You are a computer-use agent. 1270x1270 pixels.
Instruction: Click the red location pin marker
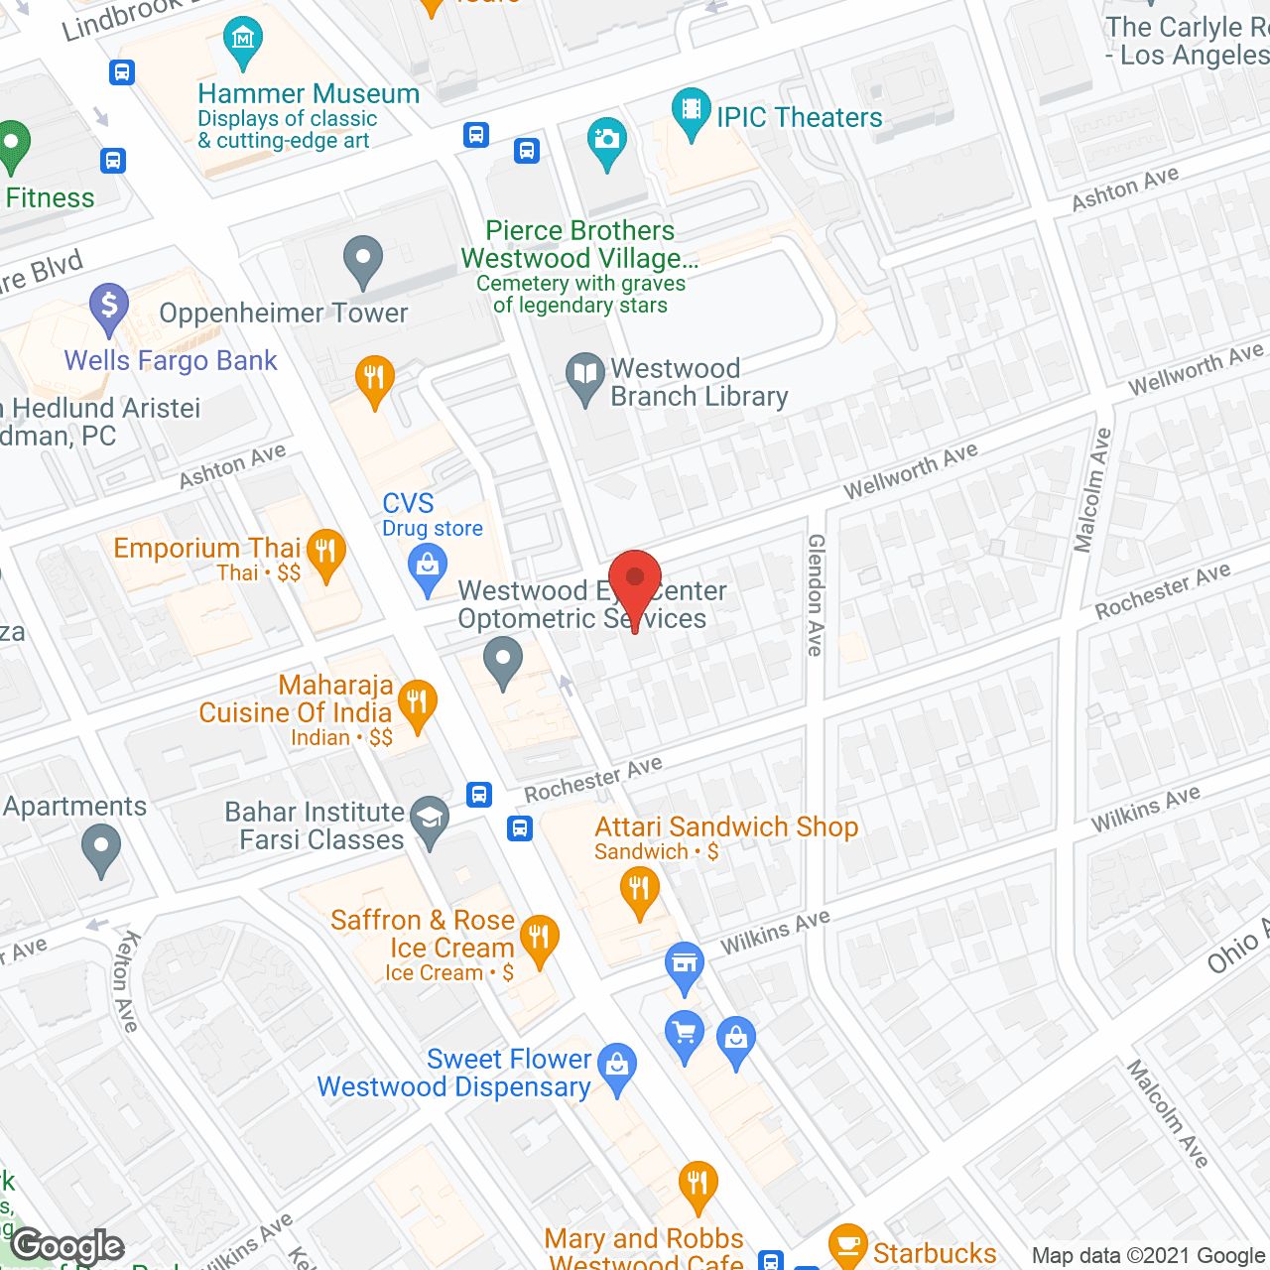[634, 581]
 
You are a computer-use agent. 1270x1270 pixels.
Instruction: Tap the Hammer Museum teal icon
[243, 41]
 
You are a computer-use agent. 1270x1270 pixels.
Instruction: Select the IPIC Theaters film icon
[691, 110]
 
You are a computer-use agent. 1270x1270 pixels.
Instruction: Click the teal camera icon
[605, 140]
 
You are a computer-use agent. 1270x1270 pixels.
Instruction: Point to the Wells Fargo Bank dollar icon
[109, 305]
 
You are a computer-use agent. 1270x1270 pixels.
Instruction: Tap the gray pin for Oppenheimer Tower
[363, 259]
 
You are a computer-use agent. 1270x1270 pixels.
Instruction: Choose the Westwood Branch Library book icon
[585, 376]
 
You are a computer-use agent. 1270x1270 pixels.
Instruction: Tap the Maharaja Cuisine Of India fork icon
[417, 703]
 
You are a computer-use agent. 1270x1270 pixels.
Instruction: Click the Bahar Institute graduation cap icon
[430, 819]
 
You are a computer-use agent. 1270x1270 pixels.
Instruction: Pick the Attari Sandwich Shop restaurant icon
[639, 889]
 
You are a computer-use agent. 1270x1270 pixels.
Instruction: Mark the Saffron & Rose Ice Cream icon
[539, 938]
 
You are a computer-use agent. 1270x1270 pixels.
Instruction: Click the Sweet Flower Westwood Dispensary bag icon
[617, 1066]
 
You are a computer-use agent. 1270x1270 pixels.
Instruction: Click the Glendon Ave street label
[816, 595]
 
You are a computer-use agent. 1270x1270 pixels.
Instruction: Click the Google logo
[67, 1246]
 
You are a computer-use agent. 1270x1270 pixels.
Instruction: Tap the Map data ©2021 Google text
[1149, 1255]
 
